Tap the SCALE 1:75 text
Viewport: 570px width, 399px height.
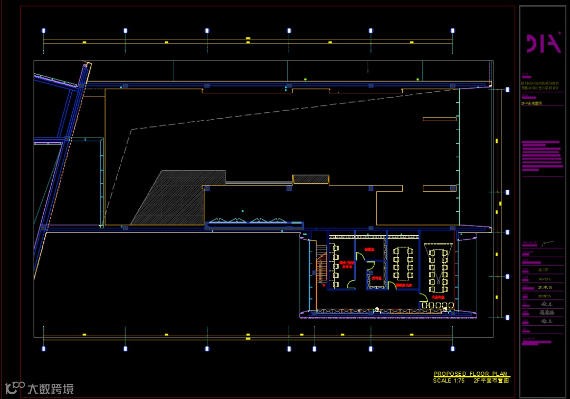pyautogui.click(x=449, y=381)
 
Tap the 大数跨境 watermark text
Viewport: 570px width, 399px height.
pyautogui.click(x=51, y=389)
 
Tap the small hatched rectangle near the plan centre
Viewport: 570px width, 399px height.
pyautogui.click(x=311, y=179)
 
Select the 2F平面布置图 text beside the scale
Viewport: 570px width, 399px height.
pyautogui.click(x=491, y=381)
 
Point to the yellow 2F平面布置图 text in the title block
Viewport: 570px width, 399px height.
pyautogui.click(x=532, y=104)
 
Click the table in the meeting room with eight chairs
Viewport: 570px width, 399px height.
pyautogui.click(x=404, y=264)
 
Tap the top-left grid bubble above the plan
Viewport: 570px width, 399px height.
pyautogui.click(x=44, y=31)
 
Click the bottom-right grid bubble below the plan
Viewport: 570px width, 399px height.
pyautogui.click(x=453, y=348)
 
